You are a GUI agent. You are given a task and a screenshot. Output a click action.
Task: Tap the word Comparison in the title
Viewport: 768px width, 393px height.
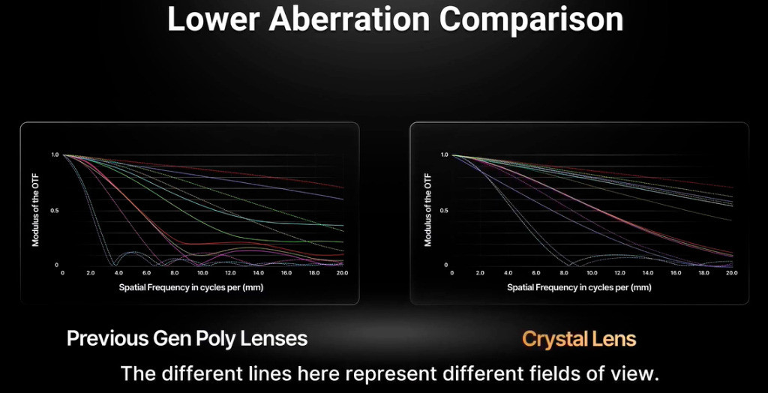[x=531, y=20]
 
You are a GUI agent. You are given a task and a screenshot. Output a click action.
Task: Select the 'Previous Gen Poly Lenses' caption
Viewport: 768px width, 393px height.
[x=187, y=338]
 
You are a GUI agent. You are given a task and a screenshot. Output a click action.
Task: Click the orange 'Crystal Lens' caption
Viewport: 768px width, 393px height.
[x=579, y=338]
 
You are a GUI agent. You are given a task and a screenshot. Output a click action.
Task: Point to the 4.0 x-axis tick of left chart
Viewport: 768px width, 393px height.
[x=118, y=272]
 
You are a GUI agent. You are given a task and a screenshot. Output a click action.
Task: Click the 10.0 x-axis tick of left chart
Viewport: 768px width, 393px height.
[x=202, y=272]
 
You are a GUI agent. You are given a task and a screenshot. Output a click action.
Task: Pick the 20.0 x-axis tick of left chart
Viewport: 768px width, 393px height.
[x=342, y=272]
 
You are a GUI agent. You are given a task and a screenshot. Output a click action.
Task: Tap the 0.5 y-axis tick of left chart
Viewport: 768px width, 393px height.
[x=54, y=211]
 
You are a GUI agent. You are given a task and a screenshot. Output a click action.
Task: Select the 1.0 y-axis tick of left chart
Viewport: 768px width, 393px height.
[x=54, y=154]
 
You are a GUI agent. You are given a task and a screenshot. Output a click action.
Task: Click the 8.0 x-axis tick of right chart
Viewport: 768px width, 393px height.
[x=564, y=272]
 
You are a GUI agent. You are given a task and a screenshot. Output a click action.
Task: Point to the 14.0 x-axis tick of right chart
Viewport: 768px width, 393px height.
[x=648, y=272]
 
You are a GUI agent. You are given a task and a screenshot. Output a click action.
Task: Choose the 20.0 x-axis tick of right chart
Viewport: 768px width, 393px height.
[x=732, y=272]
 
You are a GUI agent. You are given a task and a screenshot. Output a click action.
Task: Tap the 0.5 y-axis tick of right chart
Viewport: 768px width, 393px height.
[x=444, y=211]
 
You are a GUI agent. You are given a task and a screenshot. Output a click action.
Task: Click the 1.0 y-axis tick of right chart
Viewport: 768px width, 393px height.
[x=444, y=154]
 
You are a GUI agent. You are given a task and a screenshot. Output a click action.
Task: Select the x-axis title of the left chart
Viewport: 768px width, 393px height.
[x=191, y=288]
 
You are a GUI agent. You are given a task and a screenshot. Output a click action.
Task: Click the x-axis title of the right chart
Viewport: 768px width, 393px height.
[x=580, y=288]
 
